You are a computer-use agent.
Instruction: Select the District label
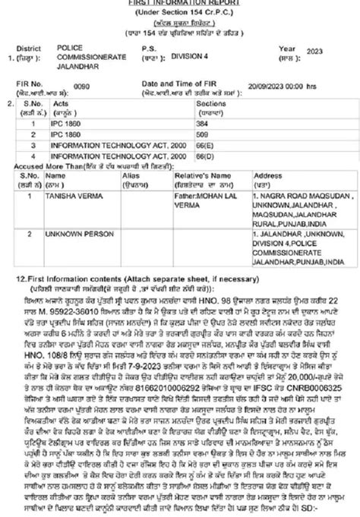tap(36, 47)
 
